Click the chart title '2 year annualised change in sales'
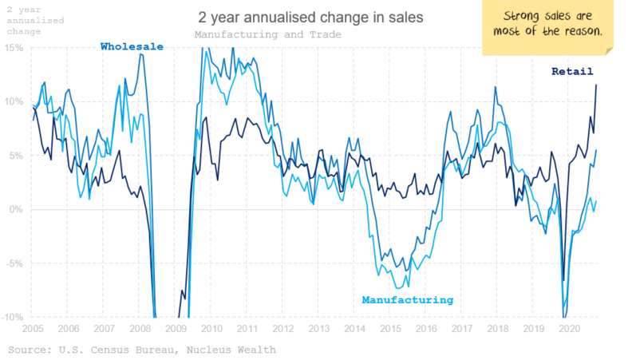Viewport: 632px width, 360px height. click(x=310, y=16)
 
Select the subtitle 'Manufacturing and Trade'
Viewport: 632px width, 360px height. click(x=267, y=34)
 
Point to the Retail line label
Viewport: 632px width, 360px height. click(x=572, y=71)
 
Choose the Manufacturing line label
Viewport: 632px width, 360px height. click(x=407, y=300)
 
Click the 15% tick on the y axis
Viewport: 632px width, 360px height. click(x=16, y=48)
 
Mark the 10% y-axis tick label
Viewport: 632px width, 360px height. click(x=16, y=101)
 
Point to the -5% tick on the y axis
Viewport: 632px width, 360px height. click(x=16, y=263)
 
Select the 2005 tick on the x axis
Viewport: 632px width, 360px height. click(x=32, y=328)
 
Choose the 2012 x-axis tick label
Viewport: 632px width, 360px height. click(x=282, y=328)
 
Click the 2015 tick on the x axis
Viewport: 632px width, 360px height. click(x=390, y=328)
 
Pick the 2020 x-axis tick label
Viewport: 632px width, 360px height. click(x=570, y=328)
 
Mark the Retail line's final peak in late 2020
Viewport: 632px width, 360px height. click(x=596, y=85)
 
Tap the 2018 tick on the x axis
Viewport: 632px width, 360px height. click(x=498, y=328)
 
